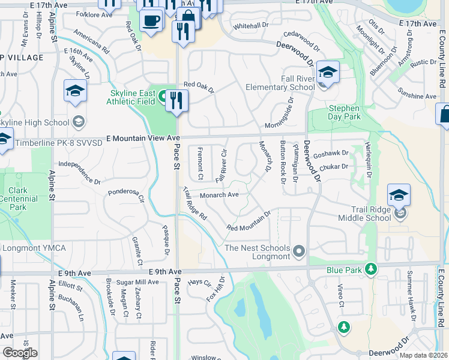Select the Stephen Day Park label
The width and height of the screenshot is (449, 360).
coord(345,112)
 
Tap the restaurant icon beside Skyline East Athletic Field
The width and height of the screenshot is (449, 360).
coord(176,100)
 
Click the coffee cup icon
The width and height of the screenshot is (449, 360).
coord(151,20)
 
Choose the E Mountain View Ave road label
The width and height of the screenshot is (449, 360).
coord(142,138)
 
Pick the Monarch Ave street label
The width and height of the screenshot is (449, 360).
coord(220,194)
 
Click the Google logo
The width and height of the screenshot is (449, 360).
coord(20,353)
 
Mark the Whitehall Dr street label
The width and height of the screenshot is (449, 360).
coord(251,26)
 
